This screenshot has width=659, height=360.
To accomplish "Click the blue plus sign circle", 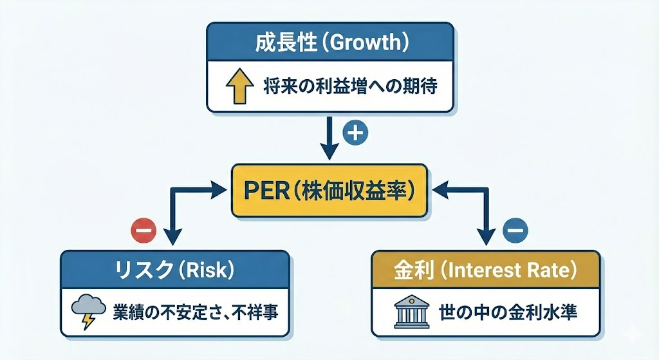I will tap(355, 133).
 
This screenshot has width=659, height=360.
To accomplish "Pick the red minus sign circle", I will tap(143, 228).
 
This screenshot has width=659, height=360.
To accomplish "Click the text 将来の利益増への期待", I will tap(349, 86).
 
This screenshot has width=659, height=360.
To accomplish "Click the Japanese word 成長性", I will tap(281, 44).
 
